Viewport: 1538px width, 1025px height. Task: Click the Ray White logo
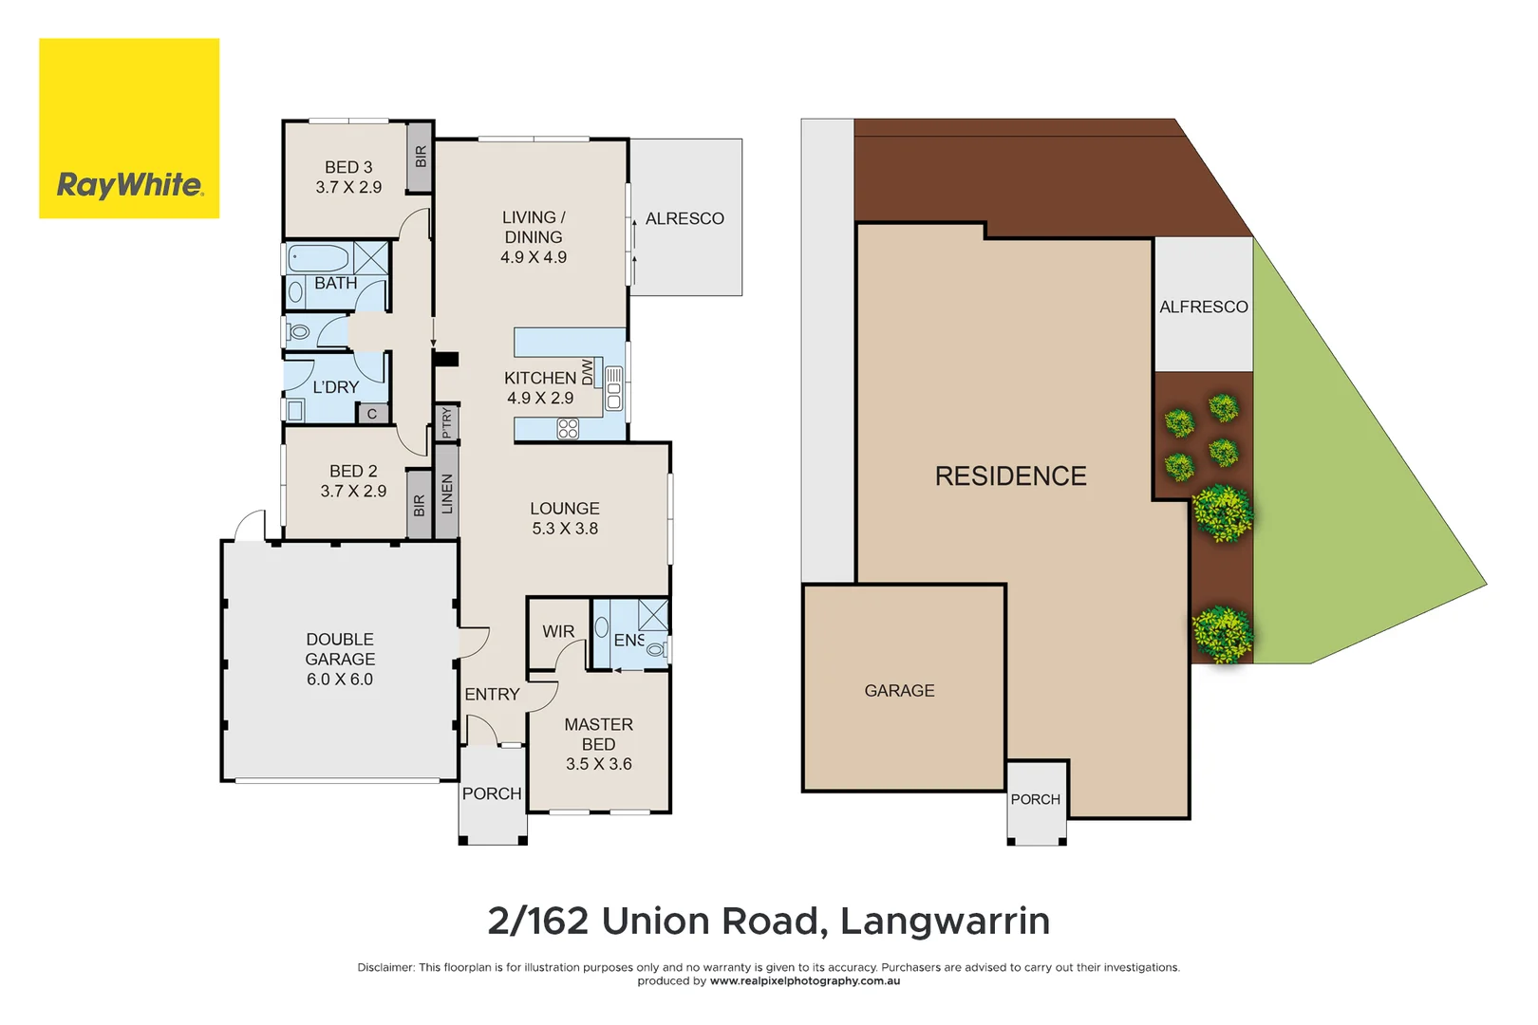[x=129, y=129]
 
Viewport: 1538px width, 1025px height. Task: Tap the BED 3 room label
[x=348, y=177]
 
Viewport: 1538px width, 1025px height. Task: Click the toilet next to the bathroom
[x=300, y=332]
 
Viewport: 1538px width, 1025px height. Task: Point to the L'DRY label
[x=335, y=387]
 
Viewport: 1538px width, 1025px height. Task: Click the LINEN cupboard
[x=447, y=493]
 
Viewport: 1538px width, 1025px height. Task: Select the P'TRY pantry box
[x=447, y=422]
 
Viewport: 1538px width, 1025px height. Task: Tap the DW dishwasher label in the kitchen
[x=588, y=372]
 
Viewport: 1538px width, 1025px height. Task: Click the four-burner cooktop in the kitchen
[x=568, y=428]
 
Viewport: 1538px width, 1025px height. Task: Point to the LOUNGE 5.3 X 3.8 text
[x=565, y=518]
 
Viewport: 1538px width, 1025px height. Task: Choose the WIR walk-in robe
[x=558, y=631]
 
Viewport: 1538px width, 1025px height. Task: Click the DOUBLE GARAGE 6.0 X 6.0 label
[x=340, y=660]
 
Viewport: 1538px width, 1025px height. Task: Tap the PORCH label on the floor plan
[x=492, y=793]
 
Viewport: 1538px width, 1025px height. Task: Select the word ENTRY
[x=492, y=695]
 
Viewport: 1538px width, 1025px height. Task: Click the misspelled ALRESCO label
[x=685, y=218]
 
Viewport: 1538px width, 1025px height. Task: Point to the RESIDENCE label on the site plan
[x=1010, y=476]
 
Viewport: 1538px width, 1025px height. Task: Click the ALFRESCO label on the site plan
[x=1203, y=307]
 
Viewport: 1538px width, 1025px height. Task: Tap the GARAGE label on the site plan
[x=899, y=691]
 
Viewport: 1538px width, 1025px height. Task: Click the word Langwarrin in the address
[x=945, y=921]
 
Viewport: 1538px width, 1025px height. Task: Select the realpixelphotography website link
[x=804, y=981]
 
